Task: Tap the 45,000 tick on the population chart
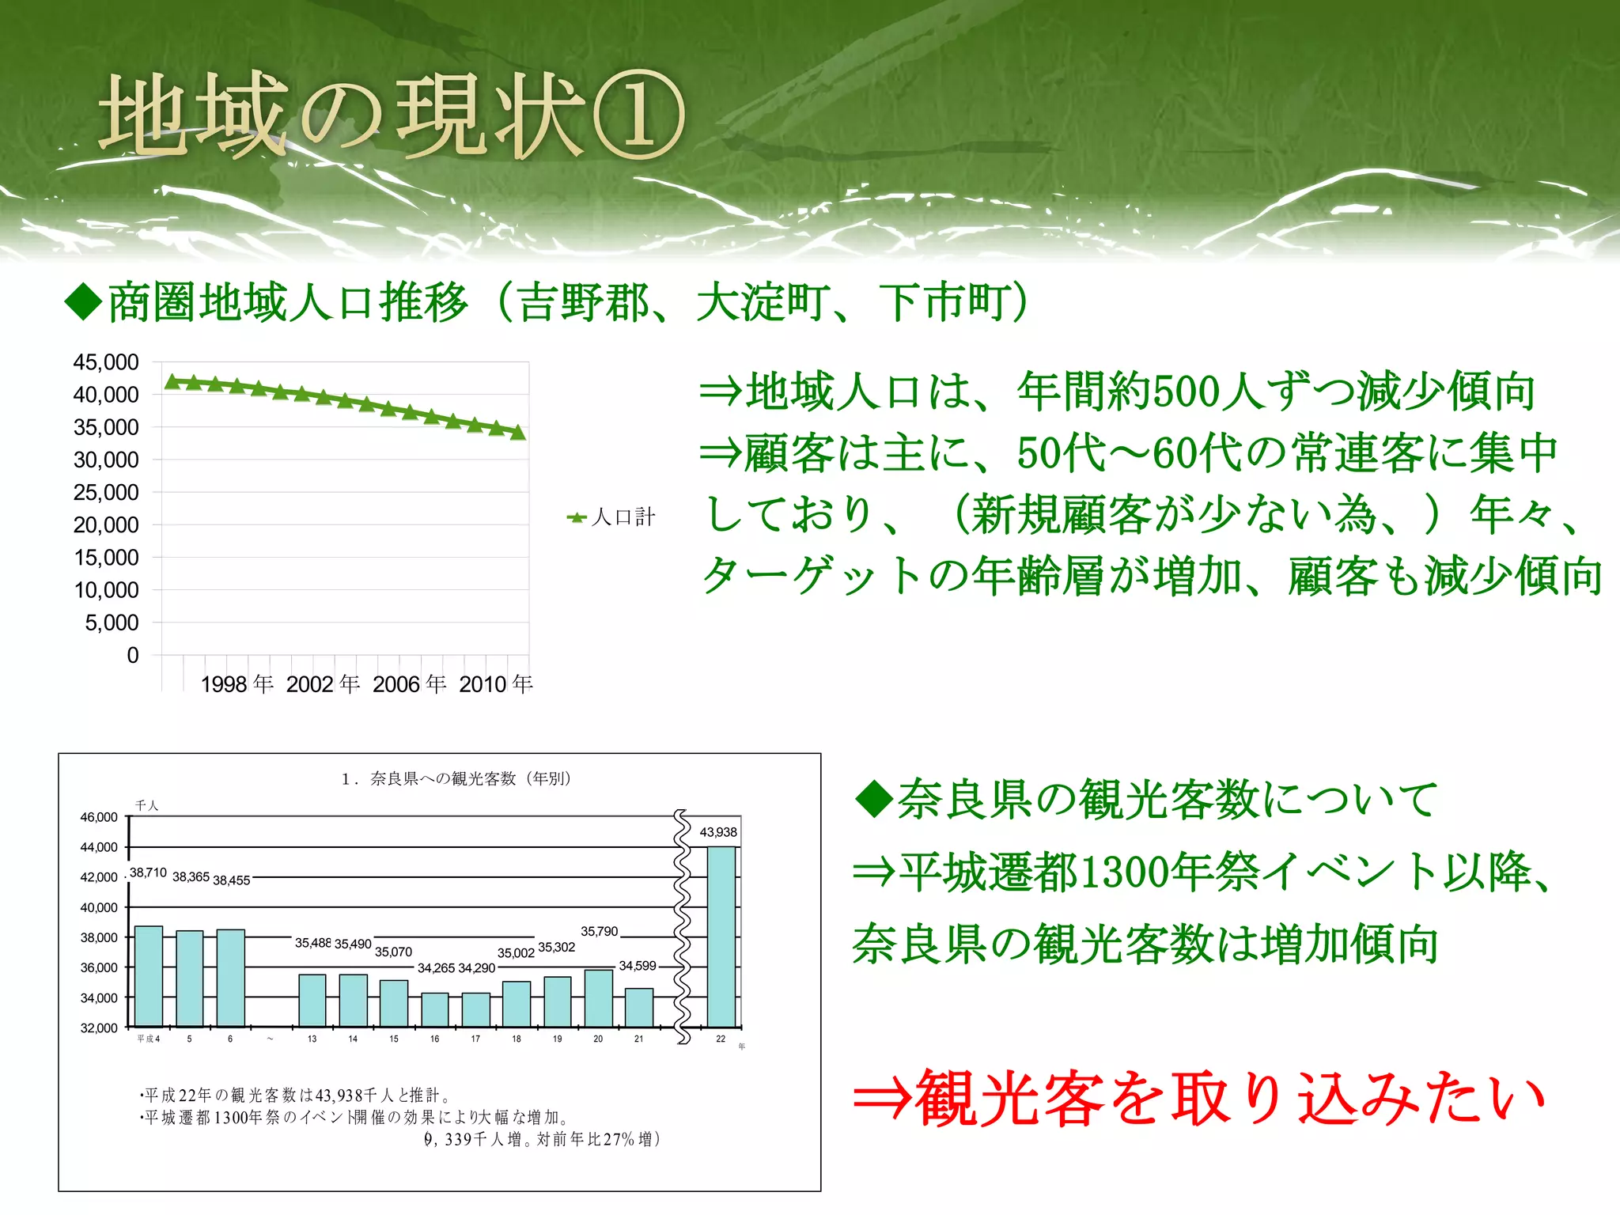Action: [x=105, y=362]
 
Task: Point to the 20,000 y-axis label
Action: [x=105, y=524]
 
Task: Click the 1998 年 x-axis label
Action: [x=237, y=684]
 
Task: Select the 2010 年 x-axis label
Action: [x=496, y=684]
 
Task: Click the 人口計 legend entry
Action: [x=612, y=517]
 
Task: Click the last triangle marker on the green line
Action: [x=518, y=432]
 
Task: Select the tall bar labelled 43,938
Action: [x=721, y=937]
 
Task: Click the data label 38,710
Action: [x=148, y=872]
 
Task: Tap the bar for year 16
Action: [x=434, y=1009]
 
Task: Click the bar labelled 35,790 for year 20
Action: [x=598, y=998]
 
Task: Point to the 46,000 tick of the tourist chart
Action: [x=99, y=817]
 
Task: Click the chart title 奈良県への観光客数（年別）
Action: [x=456, y=778]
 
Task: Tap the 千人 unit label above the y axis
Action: [x=147, y=805]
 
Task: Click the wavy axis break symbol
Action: [x=682, y=925]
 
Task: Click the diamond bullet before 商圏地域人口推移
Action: [x=84, y=301]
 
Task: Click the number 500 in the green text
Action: [x=1187, y=392]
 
